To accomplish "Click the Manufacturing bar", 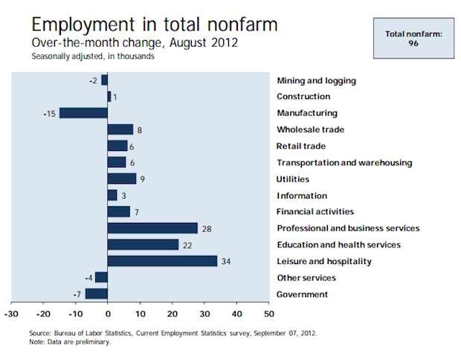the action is click(x=83, y=113).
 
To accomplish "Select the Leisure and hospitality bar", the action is click(x=162, y=261).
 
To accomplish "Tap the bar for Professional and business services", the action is click(x=152, y=228).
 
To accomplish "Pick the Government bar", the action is click(x=97, y=294).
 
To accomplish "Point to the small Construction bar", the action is click(x=109, y=97).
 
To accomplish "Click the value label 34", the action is click(x=226, y=262).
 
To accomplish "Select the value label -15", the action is click(x=49, y=114).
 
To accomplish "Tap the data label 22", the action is click(x=187, y=245).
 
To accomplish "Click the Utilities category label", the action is click(x=293, y=179).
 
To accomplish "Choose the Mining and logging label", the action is click(x=316, y=81).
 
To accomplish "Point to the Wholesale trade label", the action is click(x=311, y=129).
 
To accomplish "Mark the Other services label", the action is click(x=306, y=278).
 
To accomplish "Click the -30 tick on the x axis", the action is click(x=11, y=314).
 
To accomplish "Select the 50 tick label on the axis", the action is click(x=269, y=314).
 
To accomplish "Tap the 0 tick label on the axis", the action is click(x=108, y=314).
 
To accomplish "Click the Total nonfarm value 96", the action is click(x=413, y=44).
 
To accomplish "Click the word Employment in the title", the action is click(x=83, y=25).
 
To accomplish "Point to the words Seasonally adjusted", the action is click(x=68, y=57).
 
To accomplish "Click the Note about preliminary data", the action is click(x=70, y=342).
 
